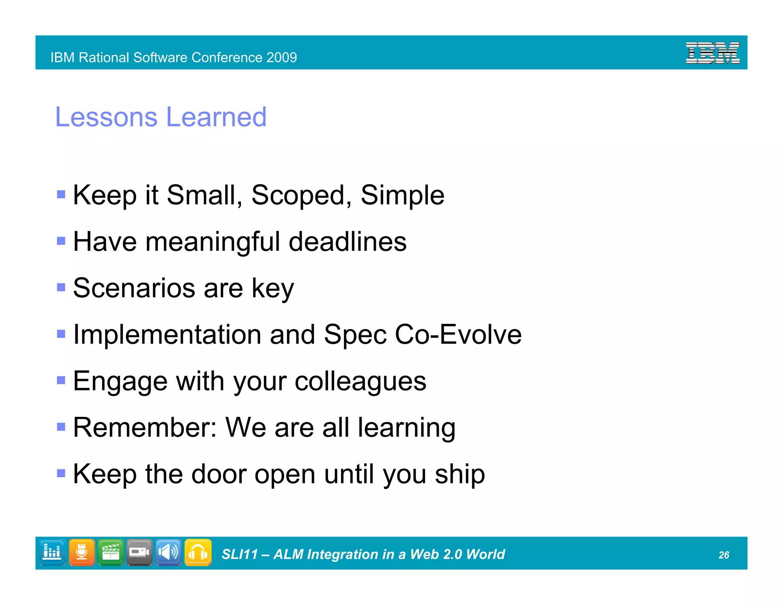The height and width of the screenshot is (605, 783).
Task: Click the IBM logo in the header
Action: tap(712, 53)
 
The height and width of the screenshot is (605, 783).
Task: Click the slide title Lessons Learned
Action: tap(161, 117)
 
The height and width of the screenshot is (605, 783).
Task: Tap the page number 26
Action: tap(723, 555)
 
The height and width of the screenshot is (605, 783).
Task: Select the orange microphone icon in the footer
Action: tap(82, 553)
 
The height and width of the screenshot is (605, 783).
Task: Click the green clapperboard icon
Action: tap(111, 553)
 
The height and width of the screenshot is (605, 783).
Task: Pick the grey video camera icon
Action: tap(140, 553)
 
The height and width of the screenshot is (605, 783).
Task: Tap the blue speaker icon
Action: tap(169, 553)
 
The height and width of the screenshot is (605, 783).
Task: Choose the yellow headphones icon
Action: tap(198, 553)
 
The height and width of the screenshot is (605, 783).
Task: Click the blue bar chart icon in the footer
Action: tap(52, 553)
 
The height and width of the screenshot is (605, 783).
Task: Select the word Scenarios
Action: tap(134, 288)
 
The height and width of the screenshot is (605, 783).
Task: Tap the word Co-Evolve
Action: tap(458, 335)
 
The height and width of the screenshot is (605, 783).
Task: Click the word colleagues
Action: tap(360, 382)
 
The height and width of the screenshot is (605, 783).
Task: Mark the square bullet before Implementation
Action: tap(61, 334)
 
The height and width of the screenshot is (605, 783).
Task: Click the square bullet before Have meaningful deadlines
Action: tap(61, 241)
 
